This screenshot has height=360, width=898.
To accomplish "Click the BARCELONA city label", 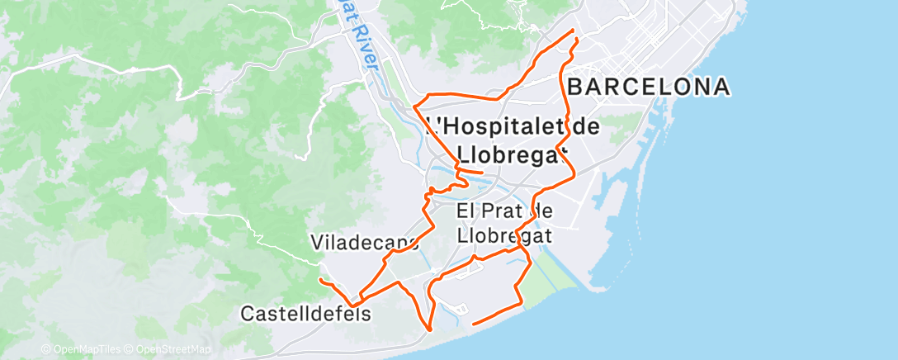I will pos(649,87).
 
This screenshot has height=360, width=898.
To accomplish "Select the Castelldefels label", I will pos(305,315).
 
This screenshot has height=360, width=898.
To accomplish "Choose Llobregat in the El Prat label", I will pos(504,235).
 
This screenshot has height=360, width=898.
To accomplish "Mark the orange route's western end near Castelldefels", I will pos(320,281).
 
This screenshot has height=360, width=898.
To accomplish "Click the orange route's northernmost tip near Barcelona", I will pos(574,31).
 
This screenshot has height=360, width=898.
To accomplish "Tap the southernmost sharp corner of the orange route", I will pos(430,329).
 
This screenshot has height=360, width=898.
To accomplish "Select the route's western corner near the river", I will pos(414,107).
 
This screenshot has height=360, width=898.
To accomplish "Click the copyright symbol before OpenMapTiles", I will pos(45,350).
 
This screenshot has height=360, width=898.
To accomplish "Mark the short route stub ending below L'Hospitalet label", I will pos(482,172).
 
